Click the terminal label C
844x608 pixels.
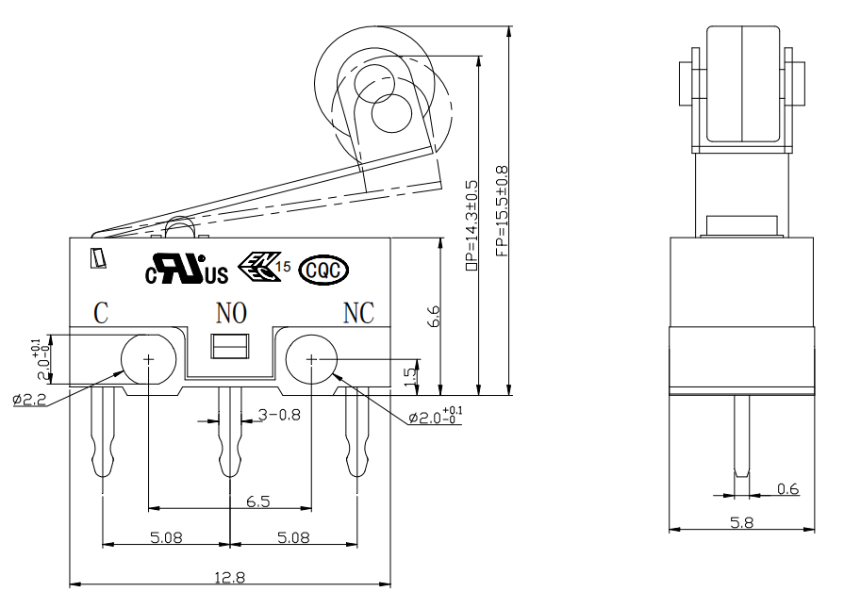[101, 313]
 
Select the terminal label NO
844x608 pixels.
[231, 313]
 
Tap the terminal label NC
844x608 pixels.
[358, 313]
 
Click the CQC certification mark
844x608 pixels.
[323, 271]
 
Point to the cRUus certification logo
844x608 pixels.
[187, 269]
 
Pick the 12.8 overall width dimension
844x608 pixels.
[230, 577]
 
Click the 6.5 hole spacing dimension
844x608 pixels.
[257, 501]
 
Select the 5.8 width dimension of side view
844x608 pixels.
[742, 522]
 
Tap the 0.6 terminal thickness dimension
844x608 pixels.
[788, 488]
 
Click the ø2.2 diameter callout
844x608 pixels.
[29, 400]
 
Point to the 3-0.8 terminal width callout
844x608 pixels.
[279, 415]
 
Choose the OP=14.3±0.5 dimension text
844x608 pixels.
[472, 225]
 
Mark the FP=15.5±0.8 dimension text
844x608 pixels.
[502, 211]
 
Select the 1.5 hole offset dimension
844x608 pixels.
[409, 375]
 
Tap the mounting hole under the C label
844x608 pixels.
[149, 359]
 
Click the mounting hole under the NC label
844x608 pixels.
[311, 359]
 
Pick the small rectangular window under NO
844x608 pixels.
[230, 346]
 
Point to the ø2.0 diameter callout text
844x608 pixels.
[435, 416]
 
